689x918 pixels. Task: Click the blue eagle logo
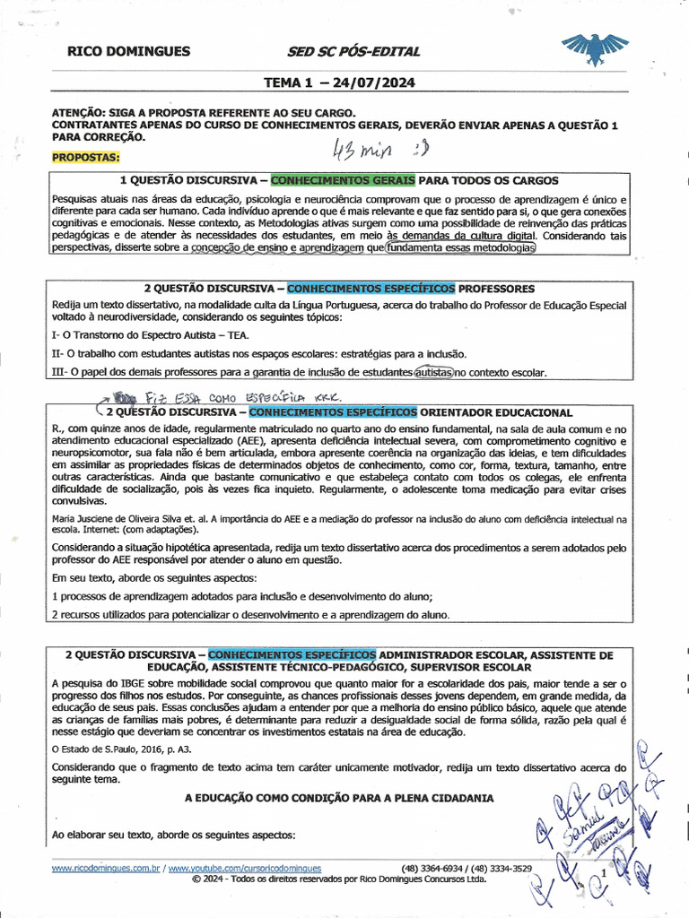click(595, 49)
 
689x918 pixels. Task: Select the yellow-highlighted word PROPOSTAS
click(85, 157)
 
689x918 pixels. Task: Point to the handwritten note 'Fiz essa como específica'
click(224, 396)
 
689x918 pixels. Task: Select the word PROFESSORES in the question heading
click(496, 289)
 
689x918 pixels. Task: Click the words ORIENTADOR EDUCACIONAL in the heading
click(496, 412)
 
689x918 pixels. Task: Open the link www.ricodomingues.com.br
click(106, 869)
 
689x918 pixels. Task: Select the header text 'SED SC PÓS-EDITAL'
click(353, 52)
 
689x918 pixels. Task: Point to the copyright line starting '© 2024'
click(339, 879)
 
